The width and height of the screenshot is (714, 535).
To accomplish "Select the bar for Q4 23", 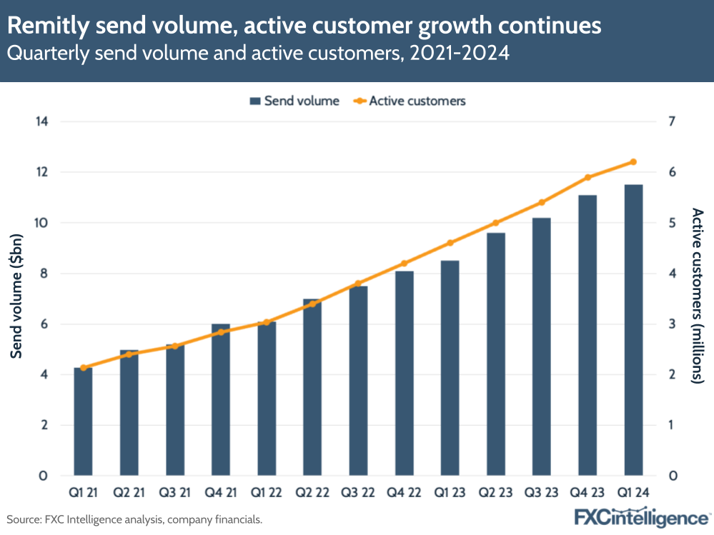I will point(587,336).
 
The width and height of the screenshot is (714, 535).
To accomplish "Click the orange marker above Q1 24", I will point(633,162).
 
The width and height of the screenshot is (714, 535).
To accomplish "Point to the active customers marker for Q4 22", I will point(404,264).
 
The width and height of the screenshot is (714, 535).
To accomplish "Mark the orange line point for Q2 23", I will point(496,223).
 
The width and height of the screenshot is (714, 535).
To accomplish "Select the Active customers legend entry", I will point(410,101).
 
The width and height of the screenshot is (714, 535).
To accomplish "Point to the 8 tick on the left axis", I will point(44,274).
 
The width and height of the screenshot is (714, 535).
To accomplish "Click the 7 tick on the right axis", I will point(672,121).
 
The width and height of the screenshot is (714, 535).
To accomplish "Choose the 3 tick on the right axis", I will point(672,324).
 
